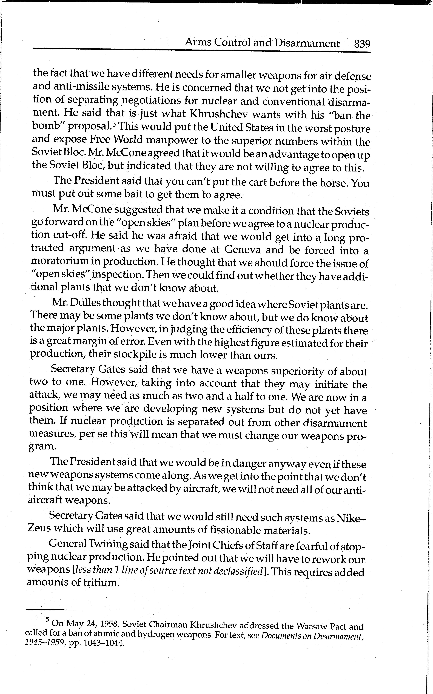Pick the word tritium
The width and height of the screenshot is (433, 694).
(101, 582)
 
